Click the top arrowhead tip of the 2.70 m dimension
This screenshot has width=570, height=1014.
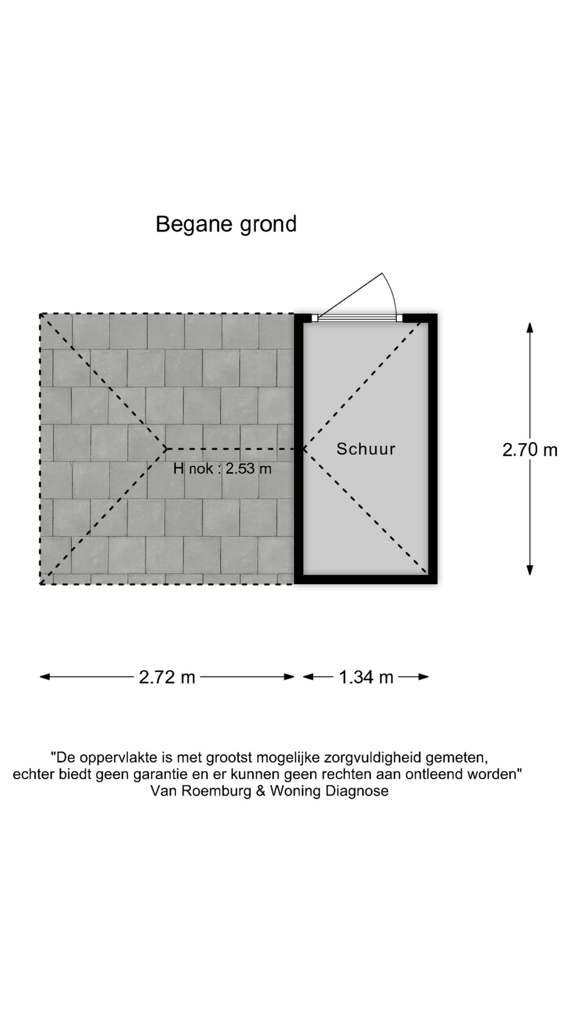point(530,323)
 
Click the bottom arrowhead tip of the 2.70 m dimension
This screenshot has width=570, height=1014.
point(530,575)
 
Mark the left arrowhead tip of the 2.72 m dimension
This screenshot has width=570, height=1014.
point(40,677)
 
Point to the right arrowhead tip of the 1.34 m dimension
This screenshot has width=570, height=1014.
point(429,677)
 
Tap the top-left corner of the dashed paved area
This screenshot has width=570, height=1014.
point(41,314)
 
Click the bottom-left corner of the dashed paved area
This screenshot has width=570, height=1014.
point(41,584)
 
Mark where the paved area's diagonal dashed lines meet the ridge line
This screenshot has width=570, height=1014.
point(166,449)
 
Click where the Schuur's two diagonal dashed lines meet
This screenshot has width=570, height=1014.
point(305,449)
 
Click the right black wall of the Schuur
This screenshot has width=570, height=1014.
point(433,449)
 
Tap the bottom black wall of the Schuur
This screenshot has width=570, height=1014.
point(366,579)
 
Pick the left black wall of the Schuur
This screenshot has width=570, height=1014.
point(299,449)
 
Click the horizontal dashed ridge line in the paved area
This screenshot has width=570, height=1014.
point(235,449)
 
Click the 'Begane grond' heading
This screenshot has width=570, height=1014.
point(226,224)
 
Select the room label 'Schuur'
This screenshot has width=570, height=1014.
point(366,449)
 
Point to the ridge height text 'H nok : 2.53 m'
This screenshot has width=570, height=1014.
point(222,468)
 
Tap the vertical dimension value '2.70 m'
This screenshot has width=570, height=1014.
point(530,449)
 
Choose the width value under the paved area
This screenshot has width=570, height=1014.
point(167,677)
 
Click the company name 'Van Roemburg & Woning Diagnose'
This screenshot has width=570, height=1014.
point(269,791)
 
